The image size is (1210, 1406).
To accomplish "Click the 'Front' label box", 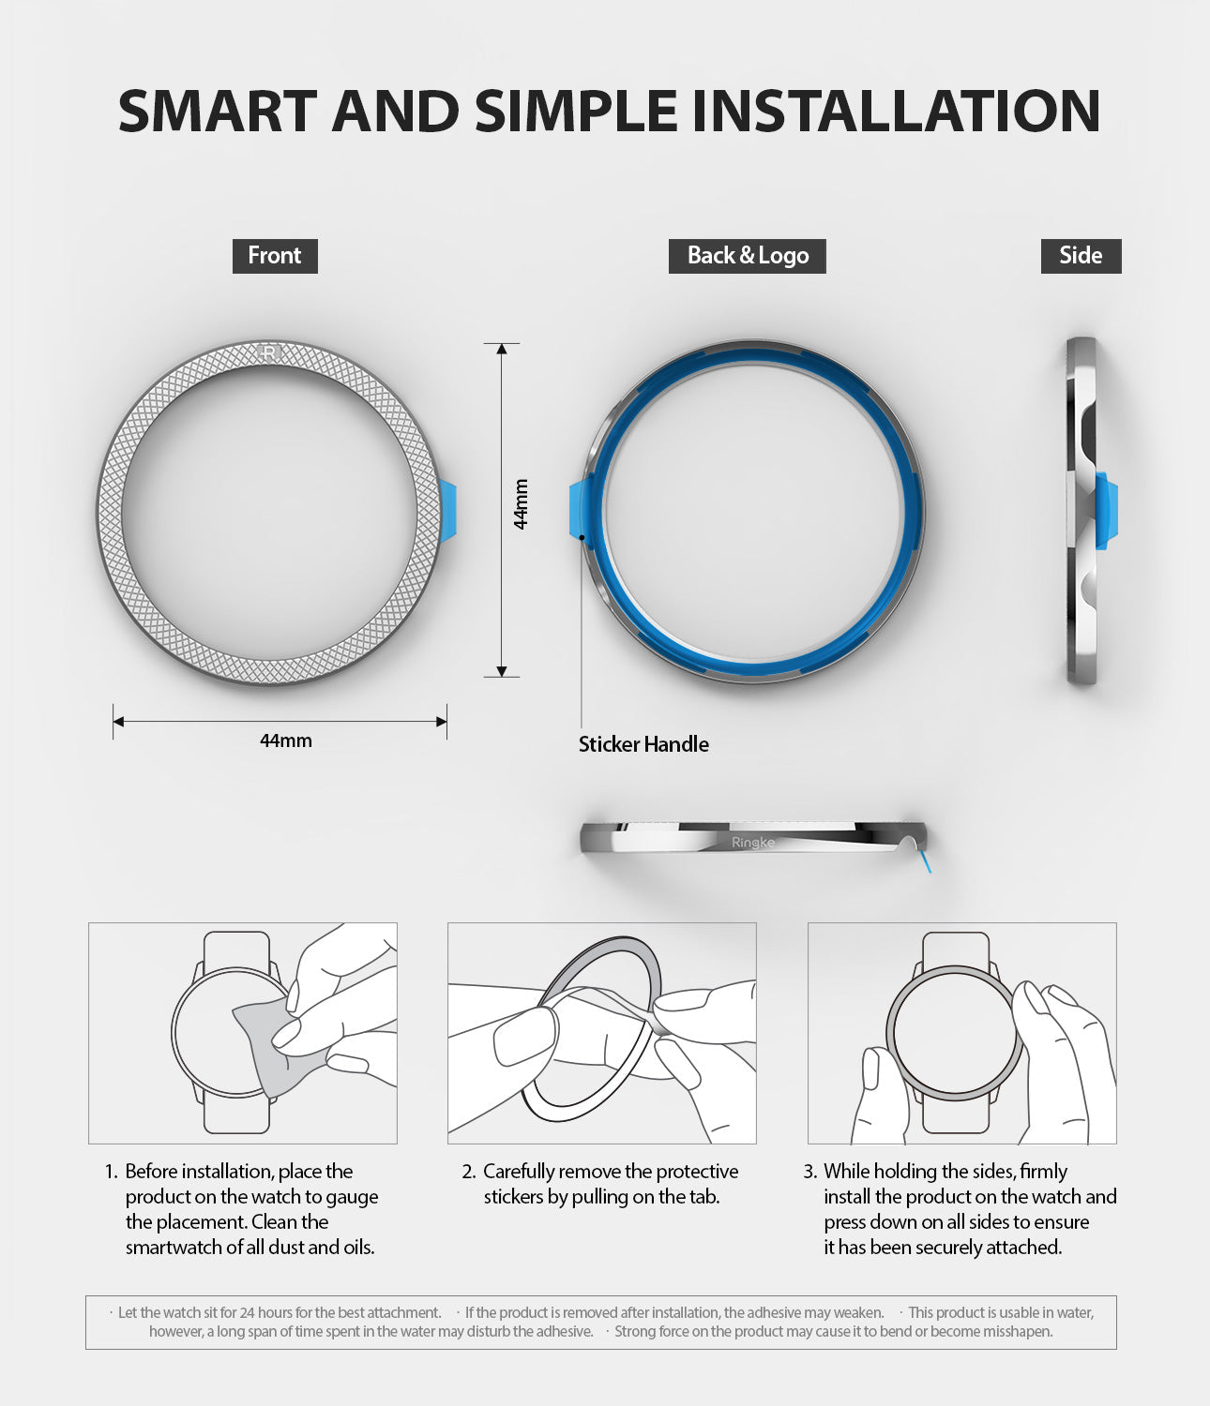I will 275,256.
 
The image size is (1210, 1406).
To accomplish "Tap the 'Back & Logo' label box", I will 747,256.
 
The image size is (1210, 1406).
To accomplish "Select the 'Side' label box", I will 1081,256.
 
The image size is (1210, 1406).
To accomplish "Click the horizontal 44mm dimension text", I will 286,740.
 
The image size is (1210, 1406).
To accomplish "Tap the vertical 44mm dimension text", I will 522,504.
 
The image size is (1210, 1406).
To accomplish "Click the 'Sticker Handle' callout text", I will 643,744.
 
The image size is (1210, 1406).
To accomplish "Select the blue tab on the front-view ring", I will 448,511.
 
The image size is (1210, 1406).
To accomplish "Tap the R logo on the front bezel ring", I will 269,353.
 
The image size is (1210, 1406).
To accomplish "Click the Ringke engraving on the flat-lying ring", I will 752,843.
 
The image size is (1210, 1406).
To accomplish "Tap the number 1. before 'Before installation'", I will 111,1172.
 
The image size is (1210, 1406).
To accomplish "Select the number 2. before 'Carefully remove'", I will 469,1172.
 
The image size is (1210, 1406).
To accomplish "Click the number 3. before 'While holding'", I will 810,1172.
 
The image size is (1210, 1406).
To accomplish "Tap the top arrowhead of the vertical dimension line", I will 502,350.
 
